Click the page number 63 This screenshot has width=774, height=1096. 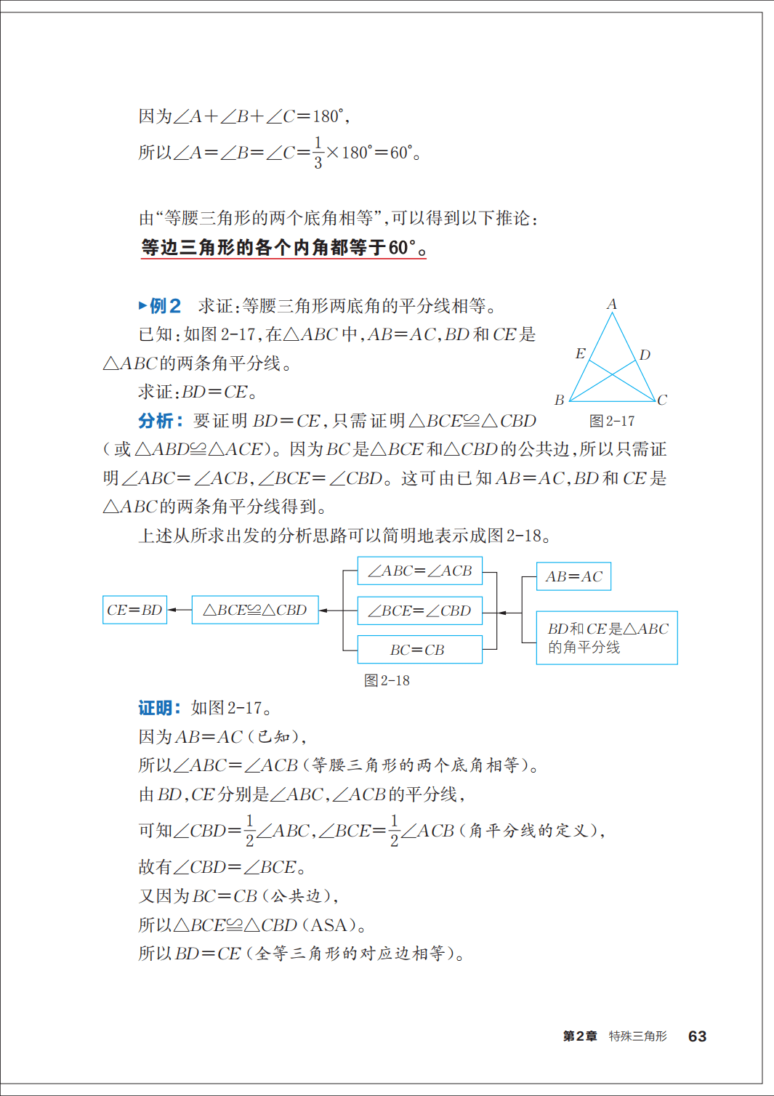point(697,1036)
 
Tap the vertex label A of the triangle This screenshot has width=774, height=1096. point(612,305)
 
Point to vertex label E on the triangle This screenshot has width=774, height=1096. point(580,354)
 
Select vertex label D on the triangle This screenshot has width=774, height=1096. point(645,355)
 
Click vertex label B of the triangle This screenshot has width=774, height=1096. point(559,400)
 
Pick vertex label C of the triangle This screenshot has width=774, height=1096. point(662,400)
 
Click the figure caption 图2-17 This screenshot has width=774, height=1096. point(612,422)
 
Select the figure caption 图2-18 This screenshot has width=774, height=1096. point(387,680)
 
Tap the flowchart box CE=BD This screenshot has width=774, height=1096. point(134,610)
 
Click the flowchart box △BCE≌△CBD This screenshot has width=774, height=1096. point(255,610)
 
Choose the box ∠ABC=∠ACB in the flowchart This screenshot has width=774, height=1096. point(419,571)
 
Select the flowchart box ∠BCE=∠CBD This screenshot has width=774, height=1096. point(419,611)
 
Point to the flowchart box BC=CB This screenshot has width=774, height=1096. point(419,650)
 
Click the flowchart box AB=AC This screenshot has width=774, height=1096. point(573,576)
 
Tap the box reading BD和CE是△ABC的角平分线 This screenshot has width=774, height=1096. point(607,637)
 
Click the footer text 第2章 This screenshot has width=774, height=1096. point(580,1036)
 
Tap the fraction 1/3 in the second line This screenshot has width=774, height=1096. point(318,153)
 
